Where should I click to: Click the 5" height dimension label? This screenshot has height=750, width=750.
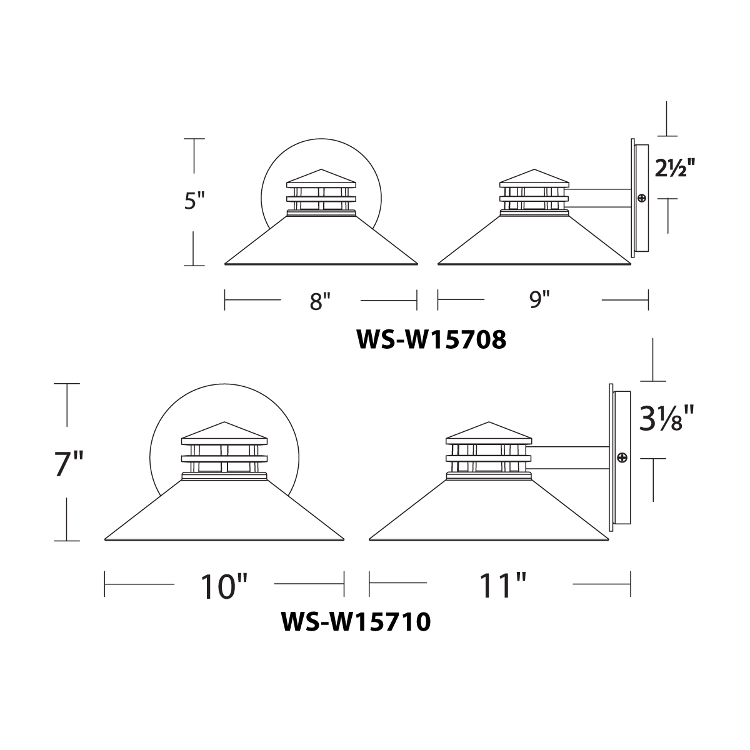[x=194, y=202]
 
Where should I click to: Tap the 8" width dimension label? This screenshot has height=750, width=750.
[x=319, y=301]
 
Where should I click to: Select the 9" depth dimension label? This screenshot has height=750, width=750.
[x=539, y=301]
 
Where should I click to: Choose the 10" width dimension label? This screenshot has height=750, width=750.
[x=224, y=586]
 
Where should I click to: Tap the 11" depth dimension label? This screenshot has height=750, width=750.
[x=500, y=586]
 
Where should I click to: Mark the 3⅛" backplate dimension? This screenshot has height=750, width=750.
[x=666, y=419]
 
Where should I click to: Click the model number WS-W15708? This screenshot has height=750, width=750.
[x=431, y=340]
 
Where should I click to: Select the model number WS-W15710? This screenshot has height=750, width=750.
[x=356, y=622]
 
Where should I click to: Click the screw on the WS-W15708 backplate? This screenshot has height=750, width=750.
[x=641, y=198]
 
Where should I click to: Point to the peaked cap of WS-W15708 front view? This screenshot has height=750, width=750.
[x=321, y=177]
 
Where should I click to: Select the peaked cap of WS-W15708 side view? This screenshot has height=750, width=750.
[x=535, y=177]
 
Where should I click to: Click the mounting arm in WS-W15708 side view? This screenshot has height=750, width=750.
[x=600, y=199]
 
